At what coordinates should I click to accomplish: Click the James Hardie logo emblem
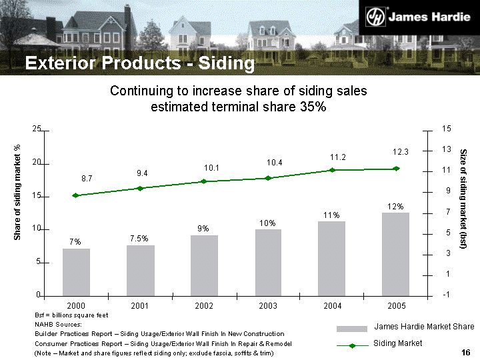(379, 16)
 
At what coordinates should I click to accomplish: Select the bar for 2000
(76, 271)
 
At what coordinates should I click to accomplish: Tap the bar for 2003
(268, 262)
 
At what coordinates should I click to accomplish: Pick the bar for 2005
(396, 253)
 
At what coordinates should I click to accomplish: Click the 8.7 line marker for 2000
(75, 195)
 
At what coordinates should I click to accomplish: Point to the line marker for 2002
(204, 181)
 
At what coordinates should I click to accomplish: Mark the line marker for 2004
(332, 170)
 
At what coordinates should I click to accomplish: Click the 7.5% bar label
(139, 239)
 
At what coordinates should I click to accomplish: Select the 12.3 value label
(401, 152)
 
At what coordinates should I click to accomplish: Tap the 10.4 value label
(274, 163)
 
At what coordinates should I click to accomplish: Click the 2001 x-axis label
(140, 305)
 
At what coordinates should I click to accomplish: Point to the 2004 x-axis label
(332, 305)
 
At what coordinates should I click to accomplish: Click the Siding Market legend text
(397, 343)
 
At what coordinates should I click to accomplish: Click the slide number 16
(466, 352)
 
